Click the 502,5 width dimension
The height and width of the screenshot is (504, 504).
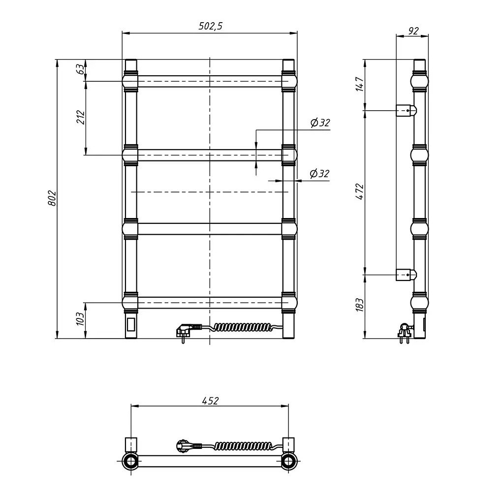coord(210,26)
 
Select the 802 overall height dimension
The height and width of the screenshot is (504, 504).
coord(52,198)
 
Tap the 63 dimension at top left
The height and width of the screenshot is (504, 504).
coord(81,69)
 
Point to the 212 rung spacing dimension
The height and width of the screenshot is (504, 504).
coord(81,117)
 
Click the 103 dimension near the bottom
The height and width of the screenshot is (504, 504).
coord(80,318)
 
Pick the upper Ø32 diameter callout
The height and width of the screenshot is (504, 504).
coord(320,123)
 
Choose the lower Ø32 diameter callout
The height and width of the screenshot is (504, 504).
coord(319,174)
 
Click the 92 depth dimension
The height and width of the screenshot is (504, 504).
coord(413,31)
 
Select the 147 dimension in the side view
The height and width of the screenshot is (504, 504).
coord(360,84)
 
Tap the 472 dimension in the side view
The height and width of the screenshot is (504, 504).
coord(360,191)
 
